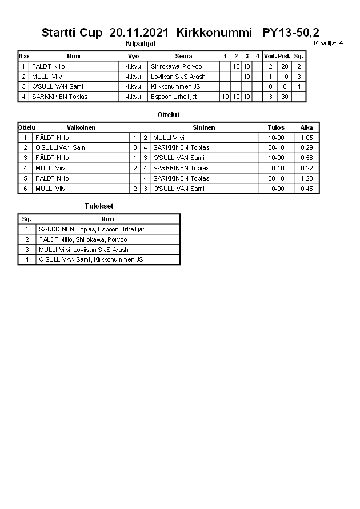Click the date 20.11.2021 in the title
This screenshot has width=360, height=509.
tap(140, 33)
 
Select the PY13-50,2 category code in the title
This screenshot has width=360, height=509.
tap(291, 33)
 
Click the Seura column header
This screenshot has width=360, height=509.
tap(183, 56)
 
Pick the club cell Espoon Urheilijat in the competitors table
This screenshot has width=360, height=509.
tap(174, 97)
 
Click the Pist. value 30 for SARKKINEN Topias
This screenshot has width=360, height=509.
tap(284, 97)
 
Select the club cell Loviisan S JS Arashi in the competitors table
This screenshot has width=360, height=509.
tap(178, 77)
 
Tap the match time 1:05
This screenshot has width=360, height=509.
tap(306, 138)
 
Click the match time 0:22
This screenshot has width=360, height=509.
tap(306, 168)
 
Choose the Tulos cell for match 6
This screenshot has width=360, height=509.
tap(276, 189)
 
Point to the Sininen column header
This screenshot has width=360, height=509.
tap(204, 127)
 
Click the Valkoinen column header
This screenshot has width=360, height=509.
tap(81, 127)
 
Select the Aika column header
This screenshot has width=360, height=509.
tap(306, 127)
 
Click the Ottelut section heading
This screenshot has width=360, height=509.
tap(169, 115)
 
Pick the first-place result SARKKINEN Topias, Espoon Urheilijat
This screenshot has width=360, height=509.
tap(91, 229)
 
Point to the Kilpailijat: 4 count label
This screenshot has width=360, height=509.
tap(328, 43)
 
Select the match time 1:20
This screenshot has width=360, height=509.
tap(306, 178)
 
